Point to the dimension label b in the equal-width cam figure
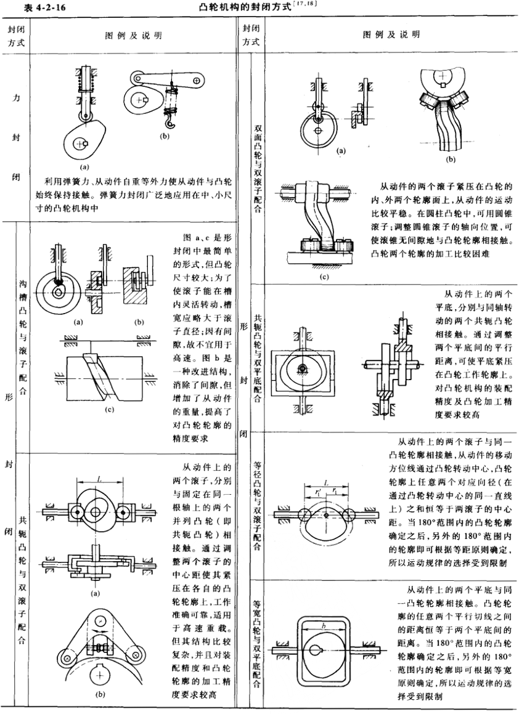[323, 626]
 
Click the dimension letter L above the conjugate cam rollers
[99, 477]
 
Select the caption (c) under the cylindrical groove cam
[109, 410]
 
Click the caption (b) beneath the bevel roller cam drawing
[450, 160]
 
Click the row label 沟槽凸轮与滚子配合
[23, 338]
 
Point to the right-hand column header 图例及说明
[391, 34]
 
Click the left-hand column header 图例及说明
[134, 36]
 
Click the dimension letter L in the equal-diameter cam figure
[327, 482]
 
